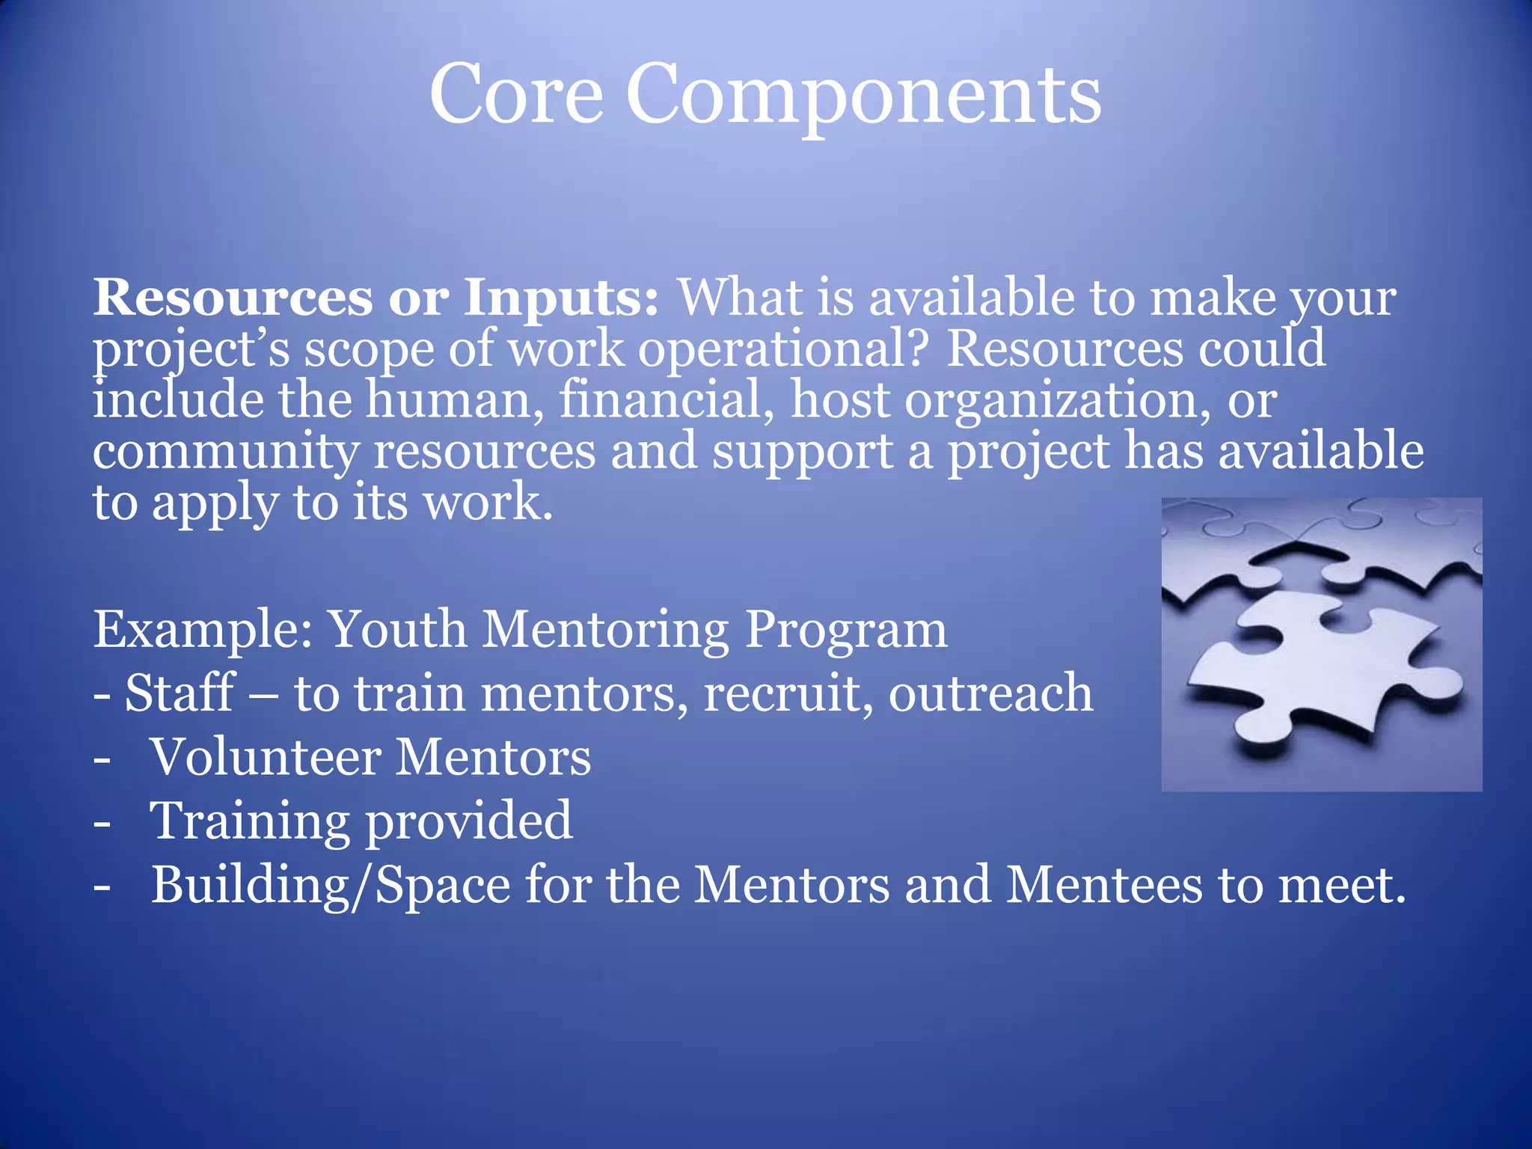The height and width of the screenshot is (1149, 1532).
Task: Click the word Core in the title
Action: pyautogui.click(x=515, y=95)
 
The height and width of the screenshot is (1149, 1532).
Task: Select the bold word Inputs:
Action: pyautogui.click(x=560, y=298)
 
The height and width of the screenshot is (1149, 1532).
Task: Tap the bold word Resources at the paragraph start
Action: pyautogui.click(x=232, y=298)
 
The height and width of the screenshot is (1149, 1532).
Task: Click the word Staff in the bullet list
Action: pyautogui.click(x=180, y=693)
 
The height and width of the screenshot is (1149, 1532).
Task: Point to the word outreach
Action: pyautogui.click(x=990, y=693)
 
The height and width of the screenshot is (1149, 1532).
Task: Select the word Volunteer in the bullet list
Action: pyautogui.click(x=266, y=757)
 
